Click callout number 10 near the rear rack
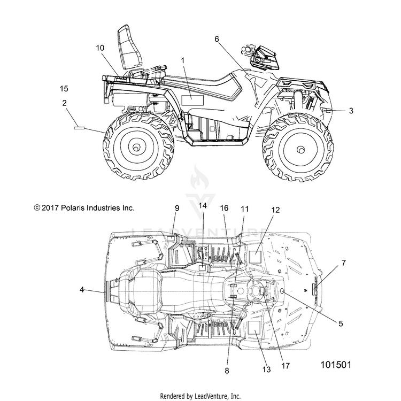coord(100,48)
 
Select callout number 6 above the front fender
coord(217,39)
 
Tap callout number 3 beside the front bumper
coord(351,111)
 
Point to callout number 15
coord(64,88)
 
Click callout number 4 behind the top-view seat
coord(82,290)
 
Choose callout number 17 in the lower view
coord(286,366)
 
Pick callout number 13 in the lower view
coord(266,369)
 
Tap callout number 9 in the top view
coord(177,208)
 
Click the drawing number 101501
coord(336,365)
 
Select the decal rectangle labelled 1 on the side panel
coord(192,101)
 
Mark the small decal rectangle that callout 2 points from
coord(79,128)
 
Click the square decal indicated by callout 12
coord(255,257)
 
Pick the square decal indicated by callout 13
coord(254,327)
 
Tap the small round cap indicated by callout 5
coord(282,291)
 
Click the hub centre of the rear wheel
coord(135,148)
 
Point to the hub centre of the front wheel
coord(301,150)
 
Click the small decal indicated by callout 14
coord(202,268)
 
